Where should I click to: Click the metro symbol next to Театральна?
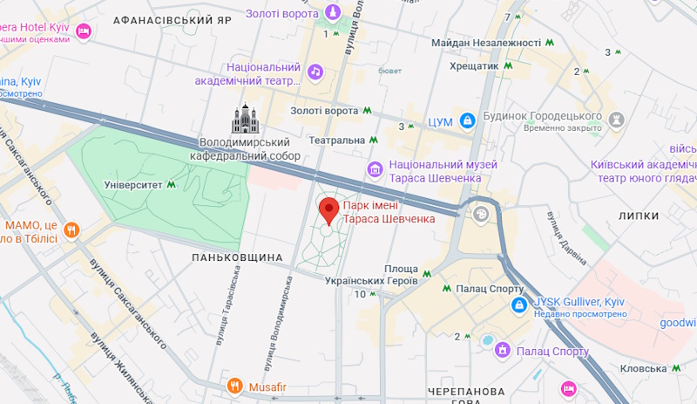[373, 140]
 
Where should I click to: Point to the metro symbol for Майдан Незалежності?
[550, 42]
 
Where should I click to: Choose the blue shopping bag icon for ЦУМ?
[466, 119]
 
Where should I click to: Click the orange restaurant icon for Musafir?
[234, 385]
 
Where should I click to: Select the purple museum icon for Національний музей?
[376, 169]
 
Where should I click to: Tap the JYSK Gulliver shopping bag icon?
[519, 305]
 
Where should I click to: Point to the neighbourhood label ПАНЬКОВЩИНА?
[237, 257]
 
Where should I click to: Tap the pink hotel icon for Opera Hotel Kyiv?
[83, 32]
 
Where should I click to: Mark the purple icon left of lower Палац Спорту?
[502, 350]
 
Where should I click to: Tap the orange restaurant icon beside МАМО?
[71, 231]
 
